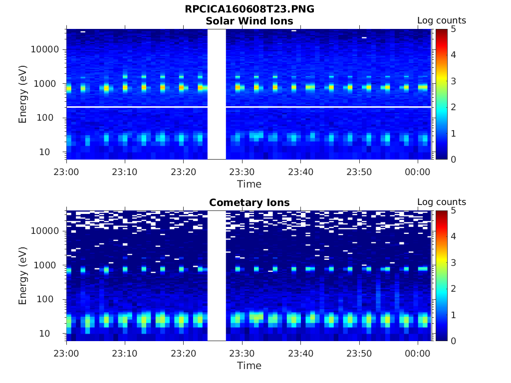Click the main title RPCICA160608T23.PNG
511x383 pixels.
[x=249, y=9]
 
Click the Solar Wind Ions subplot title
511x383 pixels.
[x=249, y=21]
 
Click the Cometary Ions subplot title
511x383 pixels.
[x=249, y=202]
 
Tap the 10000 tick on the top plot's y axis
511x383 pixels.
[x=45, y=49]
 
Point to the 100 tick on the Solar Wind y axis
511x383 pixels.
[x=50, y=118]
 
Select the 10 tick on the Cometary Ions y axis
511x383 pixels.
[x=53, y=333]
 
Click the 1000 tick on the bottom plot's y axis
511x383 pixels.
[x=48, y=265]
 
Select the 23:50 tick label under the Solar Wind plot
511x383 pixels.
[x=359, y=172]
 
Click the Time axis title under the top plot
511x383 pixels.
[x=249, y=184]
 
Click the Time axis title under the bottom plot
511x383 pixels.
[x=249, y=366]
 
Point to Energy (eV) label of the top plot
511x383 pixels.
[x=23, y=94]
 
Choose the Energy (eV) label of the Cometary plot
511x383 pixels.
[x=23, y=275]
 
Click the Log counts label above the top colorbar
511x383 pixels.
[x=441, y=20]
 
